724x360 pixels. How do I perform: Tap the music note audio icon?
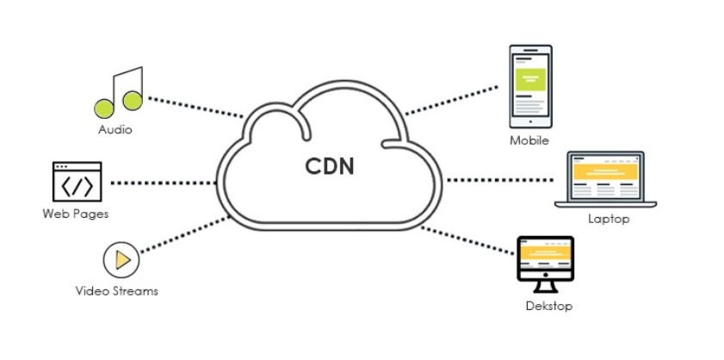118,92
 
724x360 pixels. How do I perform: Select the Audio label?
114,130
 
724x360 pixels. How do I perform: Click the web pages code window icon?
77,182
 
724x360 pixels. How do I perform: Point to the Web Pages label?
76,213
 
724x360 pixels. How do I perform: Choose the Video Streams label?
116,290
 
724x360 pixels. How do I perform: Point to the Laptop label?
609,219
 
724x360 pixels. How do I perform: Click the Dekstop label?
548,306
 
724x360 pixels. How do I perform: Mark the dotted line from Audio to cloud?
195,107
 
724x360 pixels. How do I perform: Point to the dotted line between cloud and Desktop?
469,240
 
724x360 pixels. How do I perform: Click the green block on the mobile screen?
529,79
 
